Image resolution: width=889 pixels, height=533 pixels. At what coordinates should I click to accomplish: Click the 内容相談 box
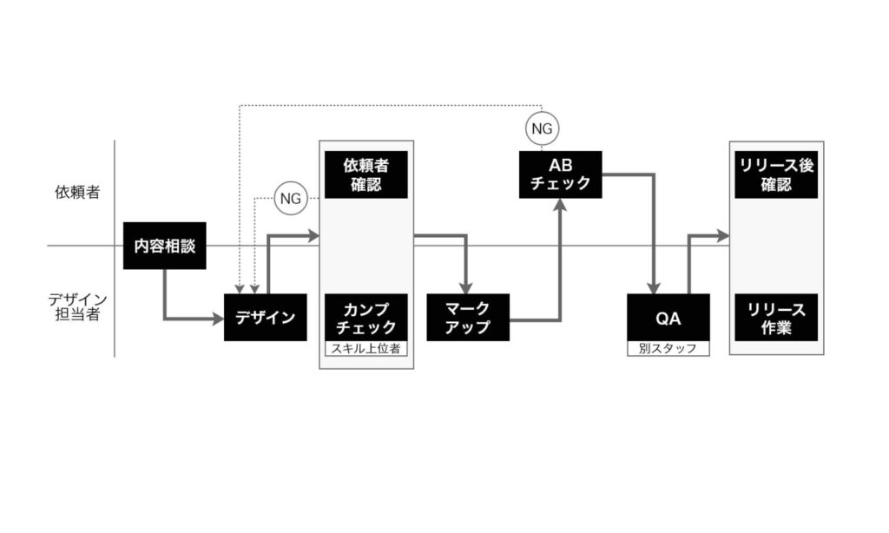164,246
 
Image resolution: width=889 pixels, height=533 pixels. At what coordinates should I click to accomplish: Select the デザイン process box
265,317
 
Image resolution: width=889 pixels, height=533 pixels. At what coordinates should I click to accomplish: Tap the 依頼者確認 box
365,174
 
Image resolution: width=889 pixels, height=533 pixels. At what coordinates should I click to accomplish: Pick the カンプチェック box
365,317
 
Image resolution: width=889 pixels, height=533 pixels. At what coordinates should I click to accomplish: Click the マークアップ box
468,317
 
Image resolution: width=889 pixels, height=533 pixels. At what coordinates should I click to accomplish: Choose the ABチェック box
560,174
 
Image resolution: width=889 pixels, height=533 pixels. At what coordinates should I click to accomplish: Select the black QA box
668,317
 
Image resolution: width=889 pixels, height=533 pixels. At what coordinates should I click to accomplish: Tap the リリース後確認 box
776,174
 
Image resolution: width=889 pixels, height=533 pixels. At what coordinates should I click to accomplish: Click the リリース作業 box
776,317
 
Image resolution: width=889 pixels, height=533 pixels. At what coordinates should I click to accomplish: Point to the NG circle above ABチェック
542,128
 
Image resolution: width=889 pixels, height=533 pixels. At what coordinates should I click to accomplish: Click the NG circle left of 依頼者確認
290,198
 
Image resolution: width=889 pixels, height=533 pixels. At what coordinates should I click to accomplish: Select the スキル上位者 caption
365,348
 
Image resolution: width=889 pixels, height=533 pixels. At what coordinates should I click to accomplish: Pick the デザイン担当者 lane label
77,307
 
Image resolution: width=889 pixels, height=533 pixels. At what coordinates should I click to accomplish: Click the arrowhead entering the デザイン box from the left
217,319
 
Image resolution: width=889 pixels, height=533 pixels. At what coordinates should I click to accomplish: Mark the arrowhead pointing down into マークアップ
467,287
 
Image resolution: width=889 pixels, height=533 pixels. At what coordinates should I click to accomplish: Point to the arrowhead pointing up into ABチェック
560,206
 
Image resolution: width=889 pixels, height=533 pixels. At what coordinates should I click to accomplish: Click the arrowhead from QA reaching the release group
722,234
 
